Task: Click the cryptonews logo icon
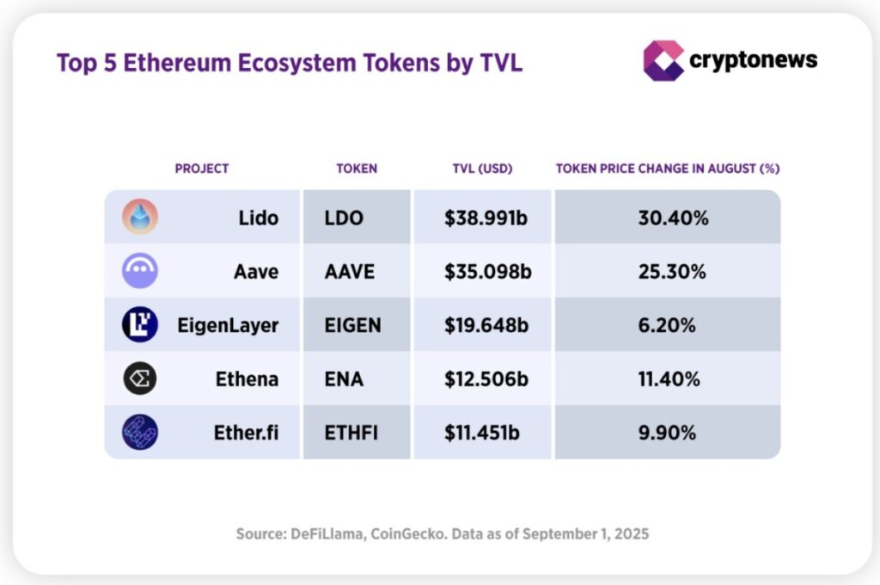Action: pos(663,60)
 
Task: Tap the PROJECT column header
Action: pos(202,169)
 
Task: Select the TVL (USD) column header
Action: pos(482,169)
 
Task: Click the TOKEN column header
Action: pos(357,169)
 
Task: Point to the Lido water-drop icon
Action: pos(139,218)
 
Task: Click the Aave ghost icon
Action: pos(139,271)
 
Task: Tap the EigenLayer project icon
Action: pos(139,324)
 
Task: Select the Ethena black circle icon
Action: pos(139,378)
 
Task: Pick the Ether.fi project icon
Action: pos(139,432)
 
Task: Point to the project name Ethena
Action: pos(247,379)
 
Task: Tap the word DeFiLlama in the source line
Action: pos(325,534)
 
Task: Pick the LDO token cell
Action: pos(344,218)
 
